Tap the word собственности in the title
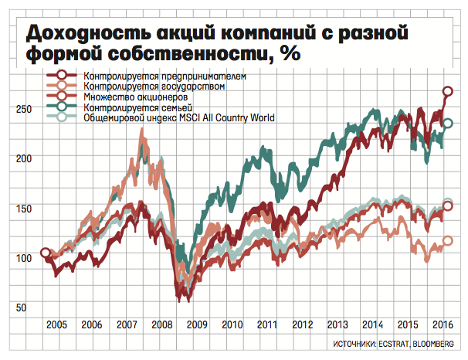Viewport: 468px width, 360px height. (x=177, y=56)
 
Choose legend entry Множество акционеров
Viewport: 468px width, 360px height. (x=140, y=97)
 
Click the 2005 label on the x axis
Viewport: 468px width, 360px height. (x=54, y=324)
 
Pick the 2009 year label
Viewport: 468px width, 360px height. (x=197, y=324)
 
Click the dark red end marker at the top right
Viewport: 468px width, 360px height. (x=448, y=92)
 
